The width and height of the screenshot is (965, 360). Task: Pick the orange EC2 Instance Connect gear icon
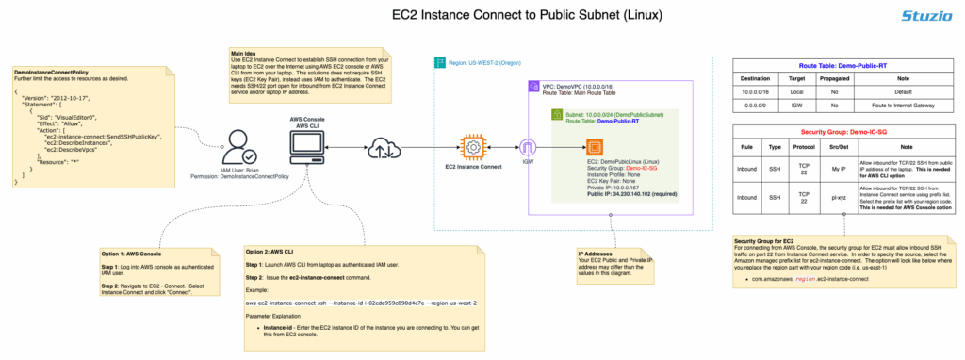[470, 147]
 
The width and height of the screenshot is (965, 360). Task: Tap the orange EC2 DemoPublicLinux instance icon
[595, 148]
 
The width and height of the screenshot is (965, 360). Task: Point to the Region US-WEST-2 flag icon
[439, 63]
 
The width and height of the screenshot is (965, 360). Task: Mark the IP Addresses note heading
[599, 254]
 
